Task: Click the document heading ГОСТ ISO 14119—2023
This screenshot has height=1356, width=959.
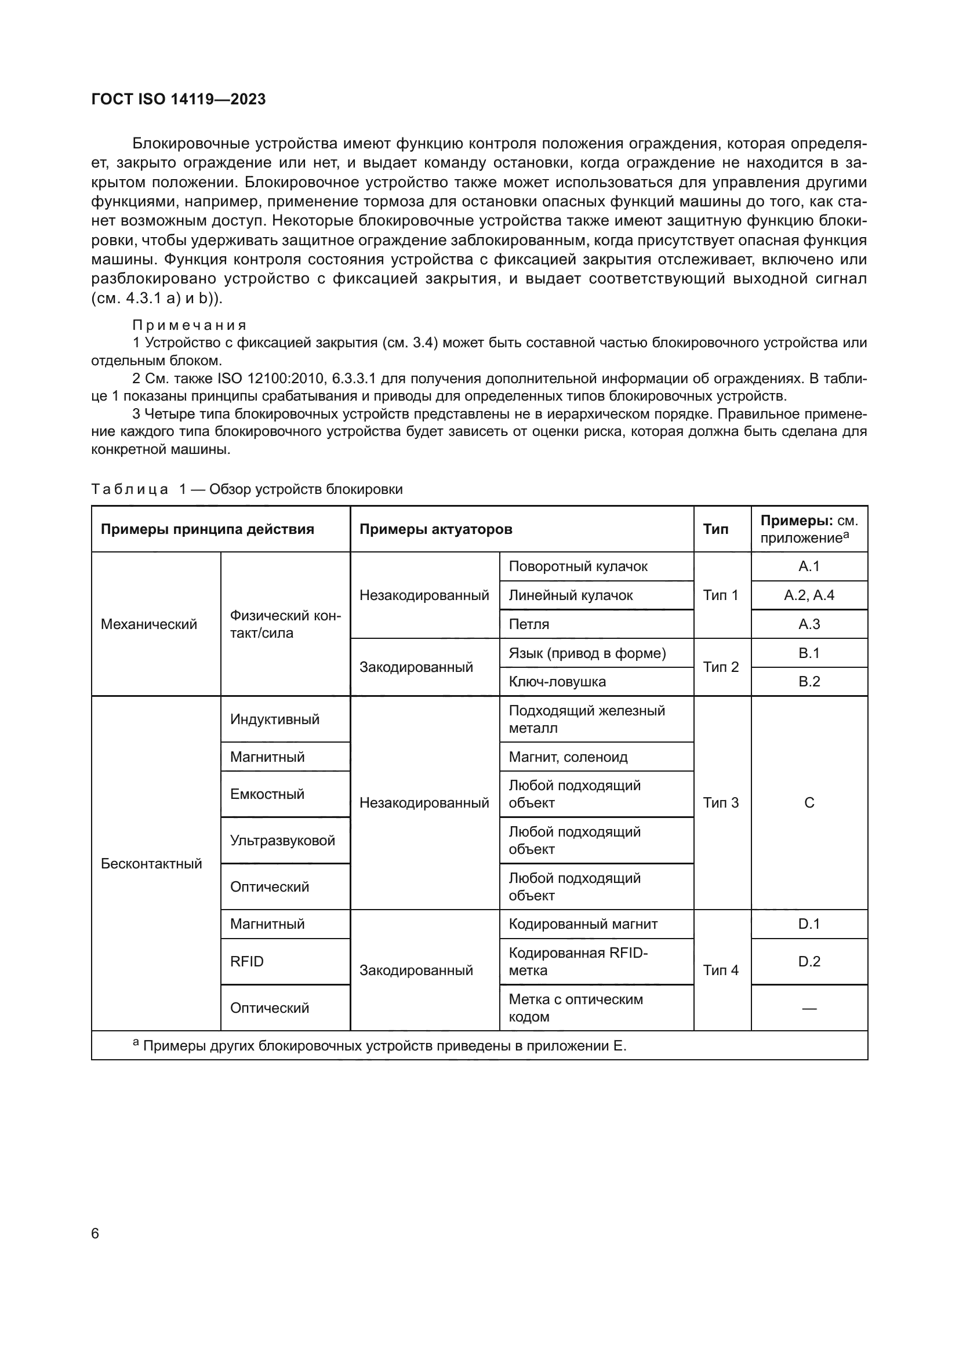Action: coord(179,99)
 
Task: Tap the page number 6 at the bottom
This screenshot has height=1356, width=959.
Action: coord(95,1233)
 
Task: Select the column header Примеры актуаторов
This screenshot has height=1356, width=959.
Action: coord(435,529)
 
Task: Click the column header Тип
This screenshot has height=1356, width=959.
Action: coord(715,529)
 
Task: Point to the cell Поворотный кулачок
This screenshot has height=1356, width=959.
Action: coord(577,566)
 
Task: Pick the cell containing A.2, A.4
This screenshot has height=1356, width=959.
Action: coord(808,595)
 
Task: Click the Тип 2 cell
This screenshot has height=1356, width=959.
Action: coord(721,667)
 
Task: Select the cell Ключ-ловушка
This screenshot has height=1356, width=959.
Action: coord(557,682)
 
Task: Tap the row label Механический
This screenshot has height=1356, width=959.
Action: coord(149,624)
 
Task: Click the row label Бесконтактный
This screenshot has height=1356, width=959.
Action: coord(151,863)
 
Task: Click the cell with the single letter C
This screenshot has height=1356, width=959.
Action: coord(808,802)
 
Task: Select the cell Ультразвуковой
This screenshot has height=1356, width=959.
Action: coord(282,841)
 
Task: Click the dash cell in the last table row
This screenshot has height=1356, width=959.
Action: coord(808,1008)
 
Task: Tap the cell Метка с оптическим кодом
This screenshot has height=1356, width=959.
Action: coord(575,1008)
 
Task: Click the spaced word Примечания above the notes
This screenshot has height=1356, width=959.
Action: coord(189,325)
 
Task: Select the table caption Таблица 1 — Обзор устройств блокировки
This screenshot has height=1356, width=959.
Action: coord(247,489)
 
